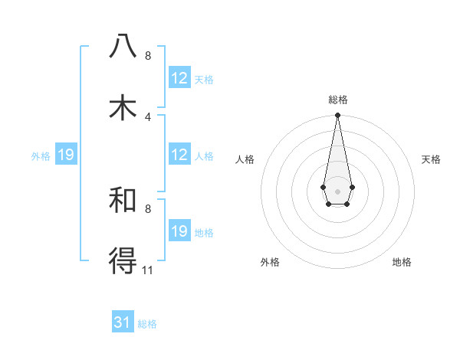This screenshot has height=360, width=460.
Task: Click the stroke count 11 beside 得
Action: [x=148, y=270]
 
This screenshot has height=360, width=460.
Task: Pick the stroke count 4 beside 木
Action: [x=148, y=116]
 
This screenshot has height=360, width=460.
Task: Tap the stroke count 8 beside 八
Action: [x=148, y=55]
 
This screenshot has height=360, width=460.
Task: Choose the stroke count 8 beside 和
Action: [x=148, y=208]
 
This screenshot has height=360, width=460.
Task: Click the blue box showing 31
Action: [x=123, y=322]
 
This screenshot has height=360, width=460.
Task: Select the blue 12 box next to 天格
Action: [x=179, y=78]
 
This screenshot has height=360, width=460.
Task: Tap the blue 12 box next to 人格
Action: [x=179, y=155]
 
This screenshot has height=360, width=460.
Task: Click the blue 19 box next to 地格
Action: [x=179, y=231]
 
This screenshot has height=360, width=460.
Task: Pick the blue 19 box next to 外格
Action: [x=66, y=155]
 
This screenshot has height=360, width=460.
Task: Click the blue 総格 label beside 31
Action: [x=147, y=324]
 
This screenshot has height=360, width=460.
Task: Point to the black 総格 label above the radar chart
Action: [x=337, y=100]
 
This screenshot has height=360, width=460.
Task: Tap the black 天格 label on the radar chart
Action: [x=432, y=159]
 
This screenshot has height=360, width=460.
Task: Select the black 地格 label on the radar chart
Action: [x=402, y=262]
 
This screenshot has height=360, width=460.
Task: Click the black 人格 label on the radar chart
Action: [x=245, y=159]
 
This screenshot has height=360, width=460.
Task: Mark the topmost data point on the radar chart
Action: [x=337, y=116]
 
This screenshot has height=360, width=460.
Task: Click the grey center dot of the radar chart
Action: [x=337, y=190]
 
